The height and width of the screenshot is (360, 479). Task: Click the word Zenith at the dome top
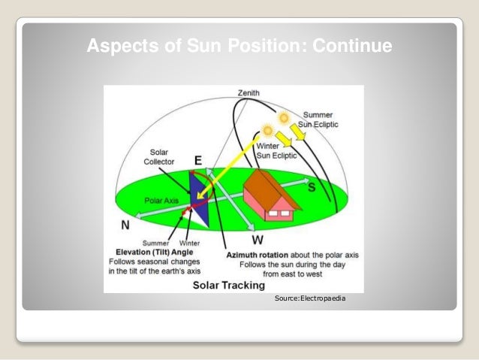[249, 92]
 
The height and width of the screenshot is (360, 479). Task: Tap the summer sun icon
[285, 118]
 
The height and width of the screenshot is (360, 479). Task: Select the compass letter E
[197, 160]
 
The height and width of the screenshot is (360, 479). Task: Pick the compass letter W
[257, 241]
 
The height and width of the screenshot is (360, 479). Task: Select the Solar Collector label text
[159, 156]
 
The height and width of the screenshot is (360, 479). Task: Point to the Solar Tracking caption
[228, 285]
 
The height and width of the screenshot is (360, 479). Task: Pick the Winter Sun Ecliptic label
[277, 150]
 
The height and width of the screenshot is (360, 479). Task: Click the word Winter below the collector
[189, 243]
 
